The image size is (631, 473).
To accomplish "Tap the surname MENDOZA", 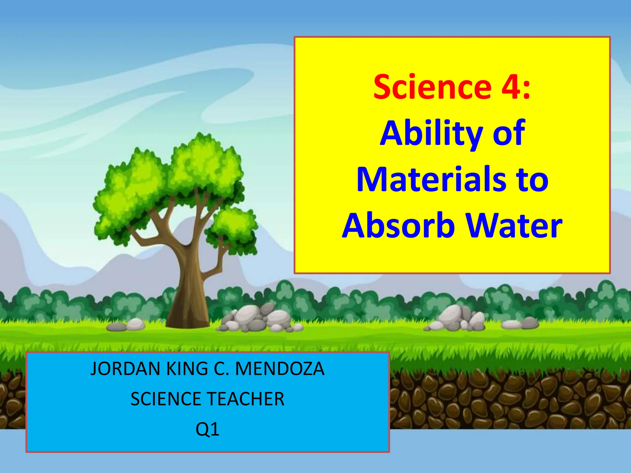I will coord(280,369).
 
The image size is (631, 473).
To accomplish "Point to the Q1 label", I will coord(207,429).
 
